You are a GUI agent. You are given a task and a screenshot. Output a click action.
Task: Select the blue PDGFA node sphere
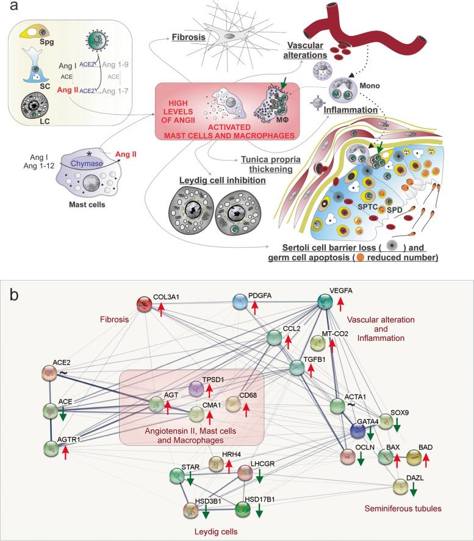tap(242, 301)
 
